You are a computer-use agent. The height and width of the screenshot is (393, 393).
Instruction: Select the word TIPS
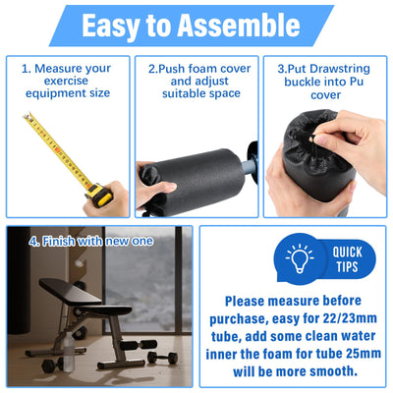point(347,267)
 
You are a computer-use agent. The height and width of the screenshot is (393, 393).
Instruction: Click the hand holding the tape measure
point(108,196)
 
